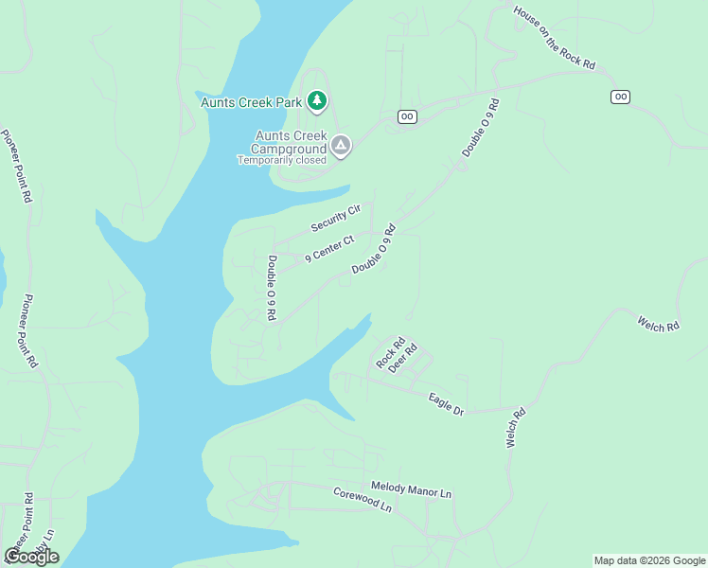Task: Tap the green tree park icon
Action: coord(318,99)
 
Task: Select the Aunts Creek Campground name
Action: coord(289,141)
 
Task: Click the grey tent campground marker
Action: coord(341,146)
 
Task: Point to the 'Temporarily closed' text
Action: coord(281,160)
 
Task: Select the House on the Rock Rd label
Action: coord(554,38)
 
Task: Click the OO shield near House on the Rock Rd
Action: coord(621,97)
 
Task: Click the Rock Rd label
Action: coord(390,352)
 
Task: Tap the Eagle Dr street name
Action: coord(446,403)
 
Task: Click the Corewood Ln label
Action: coord(362,500)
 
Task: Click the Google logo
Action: coord(31,556)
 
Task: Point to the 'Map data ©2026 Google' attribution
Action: coord(649,560)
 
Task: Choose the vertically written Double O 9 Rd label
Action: coord(271,288)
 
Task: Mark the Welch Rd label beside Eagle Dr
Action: coord(516,428)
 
